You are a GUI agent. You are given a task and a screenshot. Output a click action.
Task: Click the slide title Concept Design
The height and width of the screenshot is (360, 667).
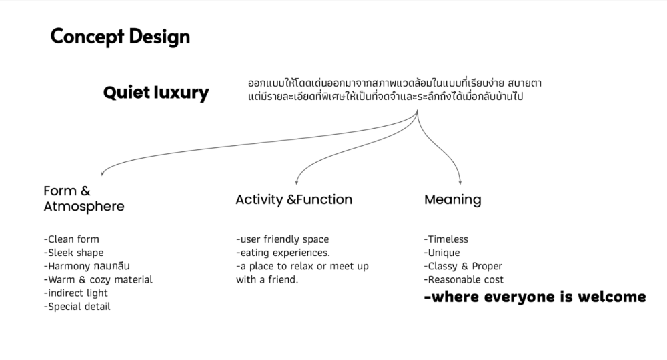coord(120,37)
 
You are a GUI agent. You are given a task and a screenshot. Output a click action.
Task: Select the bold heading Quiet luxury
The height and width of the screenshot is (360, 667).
coord(156,93)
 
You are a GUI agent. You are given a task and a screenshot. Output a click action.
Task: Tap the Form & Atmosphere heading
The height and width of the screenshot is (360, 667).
coord(84,199)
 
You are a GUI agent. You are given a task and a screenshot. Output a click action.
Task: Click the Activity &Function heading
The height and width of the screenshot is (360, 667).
coord(294,199)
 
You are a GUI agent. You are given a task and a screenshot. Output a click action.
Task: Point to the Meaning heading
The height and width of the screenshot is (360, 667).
coord(453,199)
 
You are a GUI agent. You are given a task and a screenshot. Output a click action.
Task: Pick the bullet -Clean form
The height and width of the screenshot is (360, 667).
coord(71,239)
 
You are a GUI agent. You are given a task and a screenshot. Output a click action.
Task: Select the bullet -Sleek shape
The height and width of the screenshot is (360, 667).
coord(73,253)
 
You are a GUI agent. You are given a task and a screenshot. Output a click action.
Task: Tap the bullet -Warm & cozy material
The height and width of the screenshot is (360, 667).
coord(98,280)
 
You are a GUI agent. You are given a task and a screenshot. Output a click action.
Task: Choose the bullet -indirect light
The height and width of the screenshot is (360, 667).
coord(76,293)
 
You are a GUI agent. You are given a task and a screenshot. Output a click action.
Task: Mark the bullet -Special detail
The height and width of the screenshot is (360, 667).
coord(77,307)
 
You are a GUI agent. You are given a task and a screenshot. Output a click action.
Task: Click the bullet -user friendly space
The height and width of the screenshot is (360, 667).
coord(282,239)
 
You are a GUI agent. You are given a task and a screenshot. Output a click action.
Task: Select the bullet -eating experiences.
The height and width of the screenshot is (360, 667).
coord(283,253)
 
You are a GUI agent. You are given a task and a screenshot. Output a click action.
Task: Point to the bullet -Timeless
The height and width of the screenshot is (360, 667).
coord(446,239)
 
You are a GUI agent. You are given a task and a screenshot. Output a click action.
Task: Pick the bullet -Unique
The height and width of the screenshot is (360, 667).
coord(442,253)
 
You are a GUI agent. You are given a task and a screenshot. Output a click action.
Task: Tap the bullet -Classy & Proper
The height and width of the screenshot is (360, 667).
coord(463,267)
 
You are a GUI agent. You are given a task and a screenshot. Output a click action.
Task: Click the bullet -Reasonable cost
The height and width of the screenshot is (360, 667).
coord(464,280)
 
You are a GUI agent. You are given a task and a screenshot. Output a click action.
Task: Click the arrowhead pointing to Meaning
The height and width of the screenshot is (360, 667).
coord(460,182)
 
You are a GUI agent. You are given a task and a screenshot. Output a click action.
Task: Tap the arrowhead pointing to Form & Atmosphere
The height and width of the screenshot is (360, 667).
coord(102,173)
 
